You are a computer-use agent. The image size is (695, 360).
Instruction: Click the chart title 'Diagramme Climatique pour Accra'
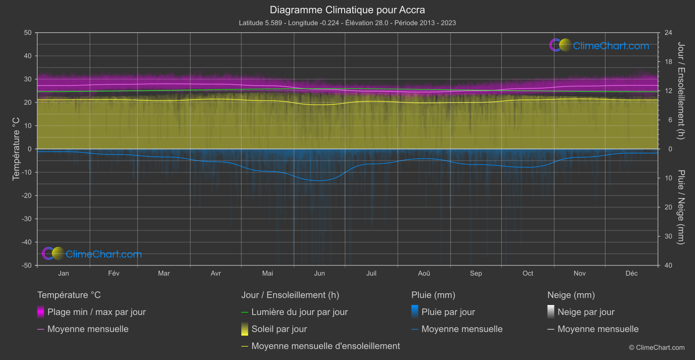tap(347, 10)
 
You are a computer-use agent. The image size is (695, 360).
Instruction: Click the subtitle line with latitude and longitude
tap(347, 23)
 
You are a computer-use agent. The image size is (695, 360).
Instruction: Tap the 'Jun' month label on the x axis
tap(319, 273)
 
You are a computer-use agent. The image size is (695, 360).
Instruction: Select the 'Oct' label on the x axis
tap(527, 273)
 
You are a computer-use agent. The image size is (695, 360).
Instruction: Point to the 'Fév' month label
tap(113, 273)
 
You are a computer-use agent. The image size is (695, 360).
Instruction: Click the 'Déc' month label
tap(631, 273)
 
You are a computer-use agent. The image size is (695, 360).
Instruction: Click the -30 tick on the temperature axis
tap(27, 219)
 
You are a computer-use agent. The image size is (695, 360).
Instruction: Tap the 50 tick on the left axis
tap(28, 33)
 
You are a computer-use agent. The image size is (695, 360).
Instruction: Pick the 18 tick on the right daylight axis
tap(668, 62)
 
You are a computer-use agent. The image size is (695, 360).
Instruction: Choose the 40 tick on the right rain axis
tap(668, 265)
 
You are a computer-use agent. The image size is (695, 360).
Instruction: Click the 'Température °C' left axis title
tap(16, 148)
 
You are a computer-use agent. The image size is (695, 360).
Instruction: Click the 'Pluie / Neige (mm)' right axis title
tap(681, 207)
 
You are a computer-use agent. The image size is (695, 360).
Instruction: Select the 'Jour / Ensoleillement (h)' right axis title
tap(681, 90)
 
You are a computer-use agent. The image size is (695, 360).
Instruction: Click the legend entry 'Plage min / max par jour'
tap(96, 312)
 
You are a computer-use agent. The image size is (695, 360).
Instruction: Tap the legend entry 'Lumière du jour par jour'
tap(299, 312)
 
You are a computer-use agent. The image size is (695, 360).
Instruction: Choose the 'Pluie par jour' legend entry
tap(448, 312)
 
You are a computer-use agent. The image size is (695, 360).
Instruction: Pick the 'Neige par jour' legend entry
tap(586, 312)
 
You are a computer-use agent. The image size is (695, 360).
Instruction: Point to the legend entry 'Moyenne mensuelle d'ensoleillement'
tap(325, 346)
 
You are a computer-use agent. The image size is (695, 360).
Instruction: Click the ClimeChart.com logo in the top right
tap(599, 45)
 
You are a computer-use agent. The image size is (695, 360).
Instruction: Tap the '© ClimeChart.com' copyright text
tap(657, 347)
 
